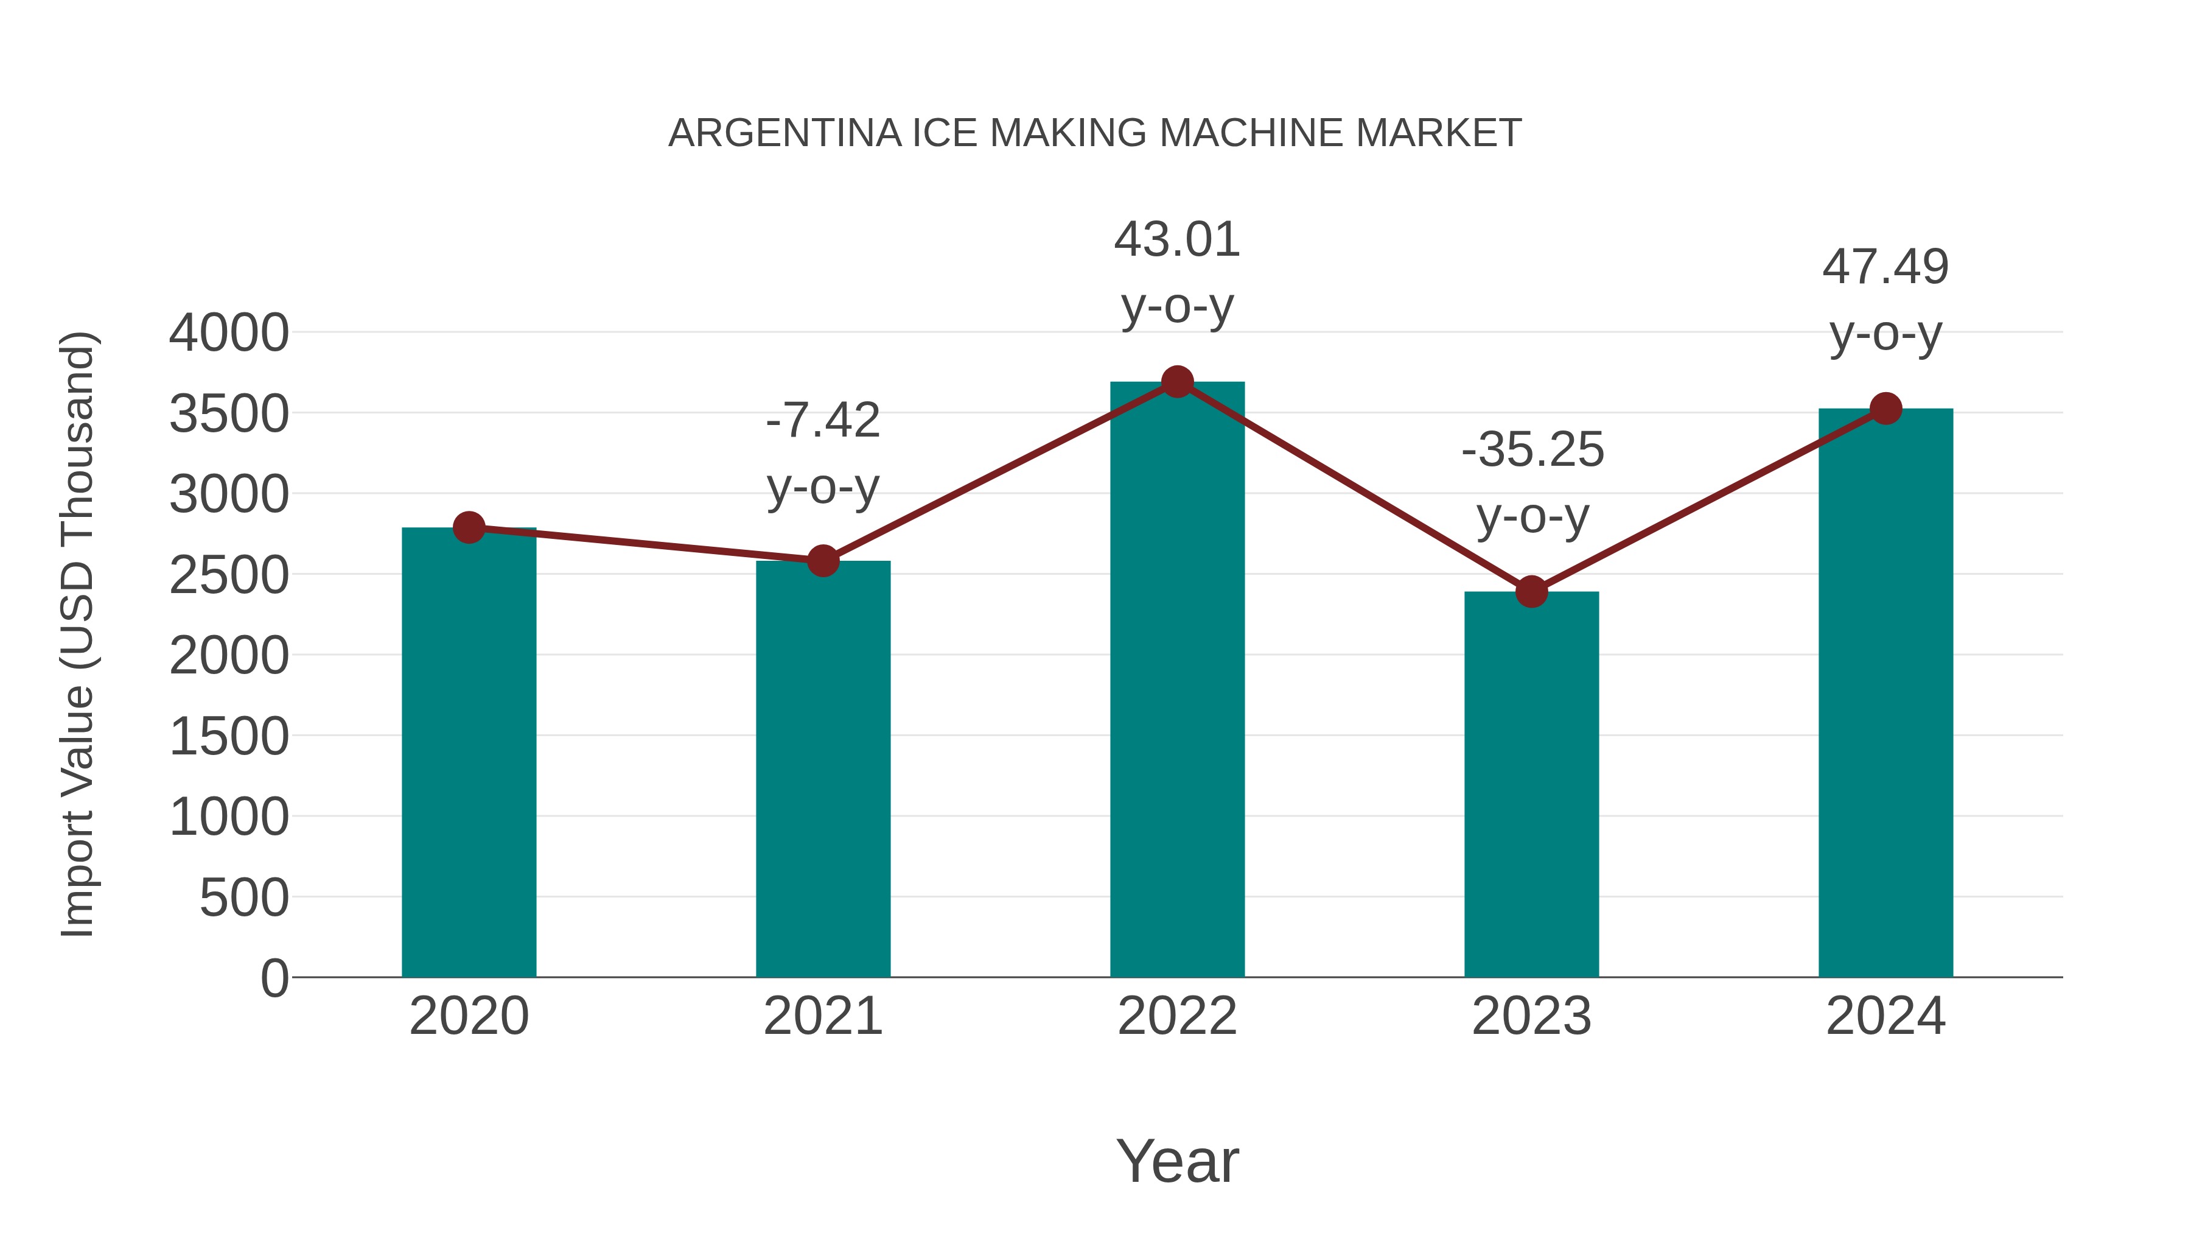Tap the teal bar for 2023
(x=1531, y=784)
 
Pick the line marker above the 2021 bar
(x=822, y=561)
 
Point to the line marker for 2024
(x=1885, y=409)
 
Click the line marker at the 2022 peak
(x=1177, y=382)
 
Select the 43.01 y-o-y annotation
(x=1177, y=272)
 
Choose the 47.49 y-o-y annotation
(x=1885, y=300)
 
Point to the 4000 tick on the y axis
(x=229, y=332)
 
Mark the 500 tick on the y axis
(x=244, y=898)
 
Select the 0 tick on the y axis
(x=274, y=978)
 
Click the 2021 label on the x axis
(x=822, y=1016)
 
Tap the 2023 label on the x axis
(x=1531, y=1016)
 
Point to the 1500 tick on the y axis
(x=229, y=736)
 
